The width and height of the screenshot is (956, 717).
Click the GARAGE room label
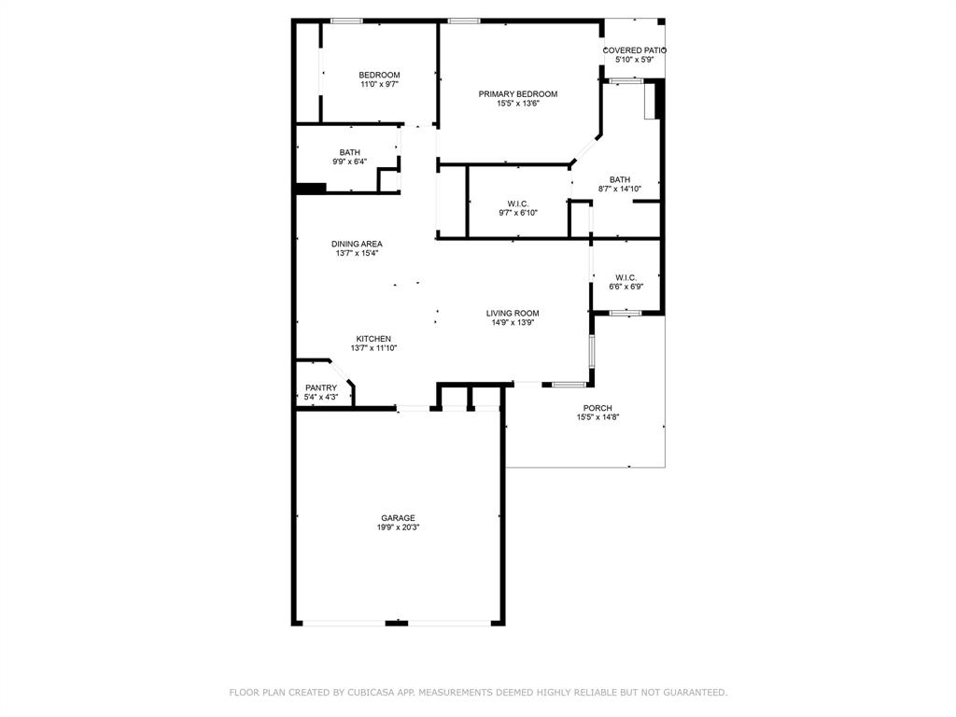point(398,518)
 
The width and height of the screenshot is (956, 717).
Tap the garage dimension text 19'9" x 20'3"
point(398,527)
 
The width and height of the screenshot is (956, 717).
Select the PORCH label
point(597,408)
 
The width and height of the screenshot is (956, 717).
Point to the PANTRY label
point(321,388)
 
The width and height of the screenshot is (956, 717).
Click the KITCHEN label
point(373,339)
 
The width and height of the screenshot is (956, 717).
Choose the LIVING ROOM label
point(513,314)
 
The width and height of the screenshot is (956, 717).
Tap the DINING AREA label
point(357,244)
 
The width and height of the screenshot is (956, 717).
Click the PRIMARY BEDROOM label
point(518,94)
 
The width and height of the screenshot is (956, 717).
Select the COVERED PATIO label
point(635,50)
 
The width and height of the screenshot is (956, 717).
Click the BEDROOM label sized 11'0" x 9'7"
point(380,76)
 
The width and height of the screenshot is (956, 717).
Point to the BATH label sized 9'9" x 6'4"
point(350,153)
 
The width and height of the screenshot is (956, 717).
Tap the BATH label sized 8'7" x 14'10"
point(620,180)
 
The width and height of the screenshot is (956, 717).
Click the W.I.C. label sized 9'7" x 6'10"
point(518,204)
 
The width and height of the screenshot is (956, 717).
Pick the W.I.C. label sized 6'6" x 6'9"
point(626,277)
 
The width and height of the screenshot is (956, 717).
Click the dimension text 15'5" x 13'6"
point(518,104)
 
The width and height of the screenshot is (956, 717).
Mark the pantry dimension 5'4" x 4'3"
point(321,398)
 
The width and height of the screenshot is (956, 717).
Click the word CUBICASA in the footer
point(371,693)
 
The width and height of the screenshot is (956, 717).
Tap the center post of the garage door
point(397,623)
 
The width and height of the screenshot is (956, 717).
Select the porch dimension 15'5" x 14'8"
point(597,417)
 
